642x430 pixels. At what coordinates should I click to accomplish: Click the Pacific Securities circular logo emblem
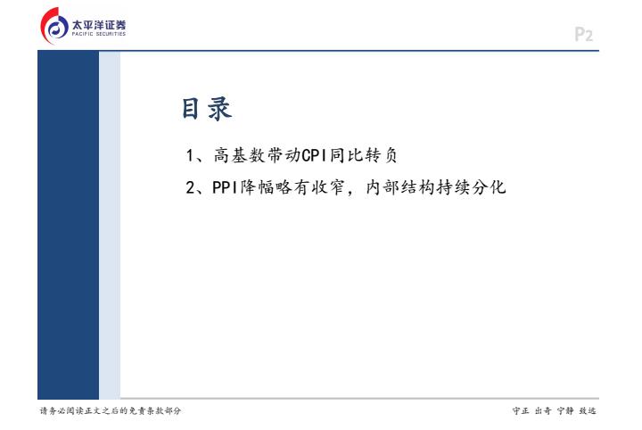pos(54,25)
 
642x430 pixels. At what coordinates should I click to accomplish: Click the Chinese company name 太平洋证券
pos(99,25)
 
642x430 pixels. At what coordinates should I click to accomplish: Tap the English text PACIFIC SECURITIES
pos(99,34)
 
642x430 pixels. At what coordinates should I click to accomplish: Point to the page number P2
pos(583,35)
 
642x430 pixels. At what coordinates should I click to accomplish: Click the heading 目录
pos(207,109)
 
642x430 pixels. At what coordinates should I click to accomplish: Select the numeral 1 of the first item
pos(190,155)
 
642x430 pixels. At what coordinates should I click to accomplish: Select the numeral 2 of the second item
pos(191,187)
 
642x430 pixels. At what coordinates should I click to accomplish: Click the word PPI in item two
pos(225,187)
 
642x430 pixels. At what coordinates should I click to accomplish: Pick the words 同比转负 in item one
pos(363,155)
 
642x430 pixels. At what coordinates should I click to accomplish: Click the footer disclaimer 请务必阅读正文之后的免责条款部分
pos(111,410)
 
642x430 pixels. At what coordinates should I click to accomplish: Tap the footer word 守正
pos(521,410)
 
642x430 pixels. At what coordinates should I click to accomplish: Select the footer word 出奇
pos(543,410)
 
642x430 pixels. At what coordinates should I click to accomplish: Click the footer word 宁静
pos(565,410)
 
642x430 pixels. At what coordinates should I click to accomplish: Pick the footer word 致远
pos(588,410)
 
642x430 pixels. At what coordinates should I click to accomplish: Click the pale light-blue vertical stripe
pos(110,225)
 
